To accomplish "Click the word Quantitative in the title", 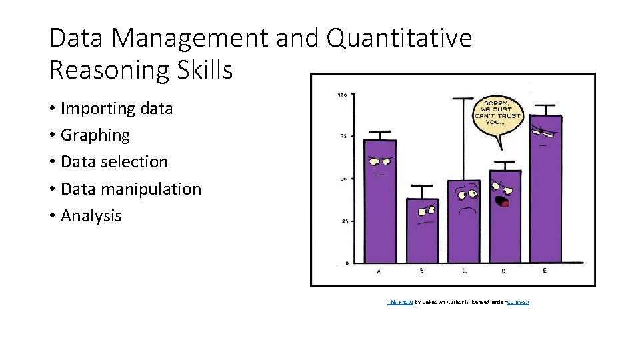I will click(399, 38).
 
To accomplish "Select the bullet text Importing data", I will click(117, 108).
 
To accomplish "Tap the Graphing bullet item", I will click(95, 135).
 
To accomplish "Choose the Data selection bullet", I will click(114, 161).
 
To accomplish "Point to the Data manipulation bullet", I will click(131, 189).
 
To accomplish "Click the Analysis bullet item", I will click(91, 215).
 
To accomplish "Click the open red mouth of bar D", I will click(505, 201).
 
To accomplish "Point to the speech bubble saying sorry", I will click(497, 114).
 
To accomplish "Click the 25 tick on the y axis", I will click(345, 221).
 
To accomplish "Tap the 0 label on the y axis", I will click(346, 263).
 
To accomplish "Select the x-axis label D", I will click(503, 271).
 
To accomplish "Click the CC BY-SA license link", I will click(517, 303).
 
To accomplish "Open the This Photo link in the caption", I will click(400, 303).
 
